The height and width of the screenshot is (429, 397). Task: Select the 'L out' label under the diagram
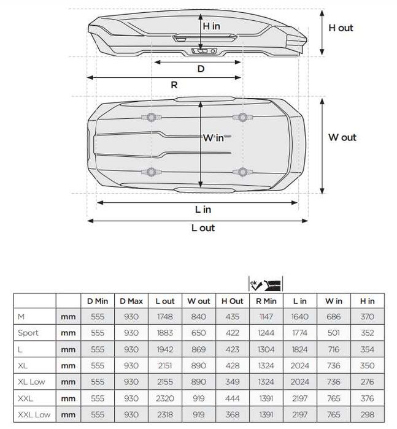pos(203,228)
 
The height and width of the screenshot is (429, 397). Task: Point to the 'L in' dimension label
pos(203,210)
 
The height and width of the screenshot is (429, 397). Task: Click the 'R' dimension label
pos(174,85)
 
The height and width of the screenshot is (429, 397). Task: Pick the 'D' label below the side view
pos(200,69)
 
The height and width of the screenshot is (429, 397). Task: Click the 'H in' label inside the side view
pos(212,26)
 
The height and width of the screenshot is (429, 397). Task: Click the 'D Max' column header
pos(131,301)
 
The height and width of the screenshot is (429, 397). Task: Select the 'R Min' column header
pos(266,301)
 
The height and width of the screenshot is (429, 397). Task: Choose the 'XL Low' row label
pos(32,382)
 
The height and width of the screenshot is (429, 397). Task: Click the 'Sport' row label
pos(28,333)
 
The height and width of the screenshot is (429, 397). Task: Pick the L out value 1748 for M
pos(165,317)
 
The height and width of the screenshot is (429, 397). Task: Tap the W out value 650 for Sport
pos(199,333)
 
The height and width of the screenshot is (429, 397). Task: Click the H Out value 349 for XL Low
pos(233,382)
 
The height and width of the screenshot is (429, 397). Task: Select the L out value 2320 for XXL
pos(165,398)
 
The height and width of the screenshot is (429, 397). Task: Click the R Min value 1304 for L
pos(266,349)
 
